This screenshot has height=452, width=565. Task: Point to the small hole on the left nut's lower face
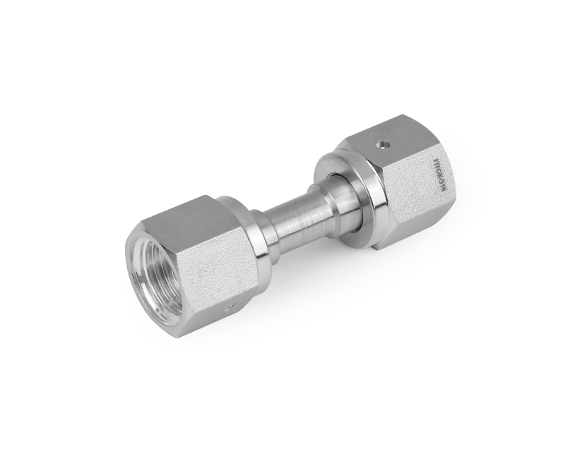coord(227,308)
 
